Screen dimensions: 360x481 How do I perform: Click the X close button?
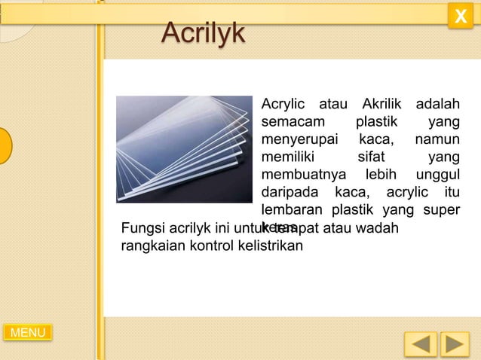click(460, 16)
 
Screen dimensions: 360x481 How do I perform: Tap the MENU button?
click(28, 332)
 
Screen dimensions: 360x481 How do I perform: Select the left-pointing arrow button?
click(420, 344)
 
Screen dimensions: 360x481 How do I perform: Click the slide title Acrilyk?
click(203, 32)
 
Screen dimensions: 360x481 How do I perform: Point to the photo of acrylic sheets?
click(184, 148)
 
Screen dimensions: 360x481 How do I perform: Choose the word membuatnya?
click(300, 174)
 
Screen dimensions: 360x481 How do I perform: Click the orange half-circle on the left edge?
click(5, 145)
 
